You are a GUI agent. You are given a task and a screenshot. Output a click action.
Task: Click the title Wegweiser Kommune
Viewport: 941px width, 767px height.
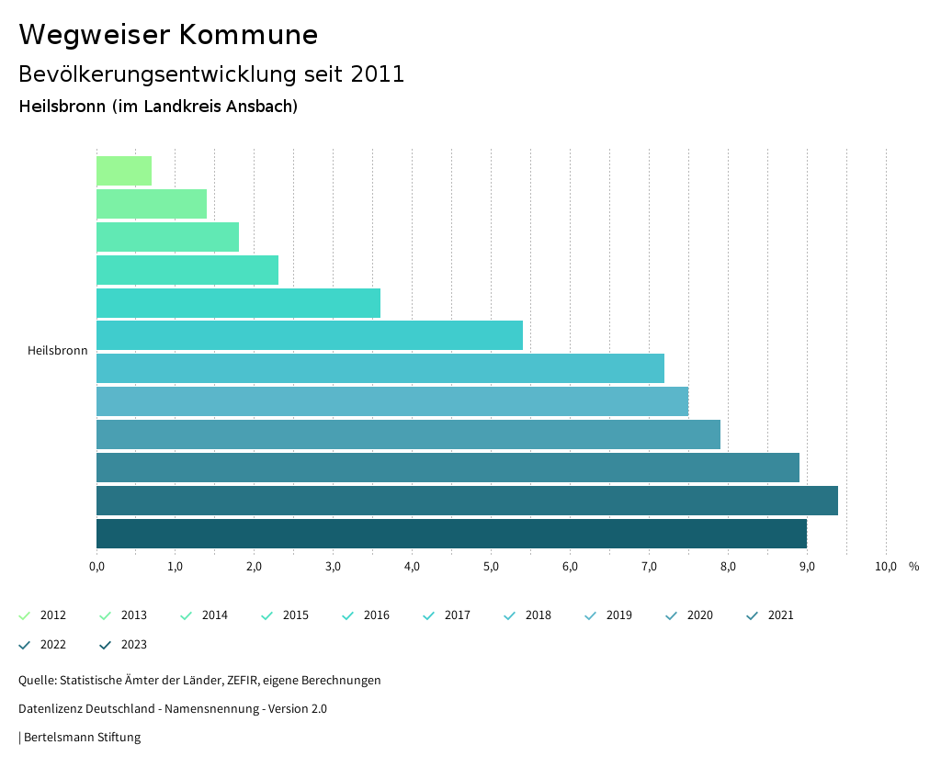pyautogui.click(x=168, y=35)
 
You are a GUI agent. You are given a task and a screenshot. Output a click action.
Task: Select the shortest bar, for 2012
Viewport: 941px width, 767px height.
pyautogui.click(x=124, y=171)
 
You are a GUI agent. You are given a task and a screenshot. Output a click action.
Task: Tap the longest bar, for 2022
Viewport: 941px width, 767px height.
pyautogui.click(x=467, y=501)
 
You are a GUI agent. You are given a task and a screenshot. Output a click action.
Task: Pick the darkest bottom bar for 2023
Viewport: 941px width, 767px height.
pyautogui.click(x=451, y=534)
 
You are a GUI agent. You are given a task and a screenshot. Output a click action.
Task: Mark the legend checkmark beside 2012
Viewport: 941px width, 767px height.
pyautogui.click(x=25, y=615)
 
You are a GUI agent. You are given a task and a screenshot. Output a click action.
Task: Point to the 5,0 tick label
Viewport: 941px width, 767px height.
pyautogui.click(x=491, y=567)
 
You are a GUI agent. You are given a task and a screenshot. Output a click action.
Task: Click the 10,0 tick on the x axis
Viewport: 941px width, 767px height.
pyautogui.click(x=885, y=567)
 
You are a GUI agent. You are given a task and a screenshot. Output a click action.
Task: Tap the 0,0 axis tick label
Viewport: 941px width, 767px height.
pyautogui.click(x=96, y=567)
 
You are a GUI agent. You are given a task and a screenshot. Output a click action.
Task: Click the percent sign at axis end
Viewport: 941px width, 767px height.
pyautogui.click(x=913, y=567)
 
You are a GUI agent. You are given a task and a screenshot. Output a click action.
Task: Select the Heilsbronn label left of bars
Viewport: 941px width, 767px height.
pyautogui.click(x=58, y=351)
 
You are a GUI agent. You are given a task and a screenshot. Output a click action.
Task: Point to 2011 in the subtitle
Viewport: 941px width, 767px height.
pyautogui.click(x=378, y=74)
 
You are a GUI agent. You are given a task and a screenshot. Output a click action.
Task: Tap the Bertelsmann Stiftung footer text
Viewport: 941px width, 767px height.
pyautogui.click(x=82, y=738)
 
